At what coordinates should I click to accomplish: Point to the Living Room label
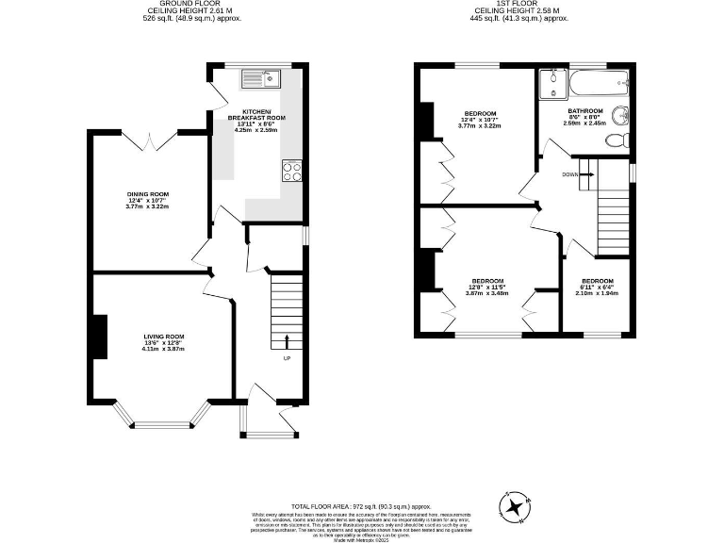tap(164, 337)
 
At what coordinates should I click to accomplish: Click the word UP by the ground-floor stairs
tap(287, 358)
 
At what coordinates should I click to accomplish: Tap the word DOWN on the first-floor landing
tap(570, 174)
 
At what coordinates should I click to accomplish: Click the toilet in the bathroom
tap(616, 140)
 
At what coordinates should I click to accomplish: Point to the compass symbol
tap(516, 507)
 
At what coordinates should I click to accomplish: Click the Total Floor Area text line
tap(361, 506)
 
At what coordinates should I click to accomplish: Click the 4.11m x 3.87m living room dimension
tap(164, 349)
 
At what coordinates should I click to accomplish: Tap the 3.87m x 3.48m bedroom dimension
tap(486, 292)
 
